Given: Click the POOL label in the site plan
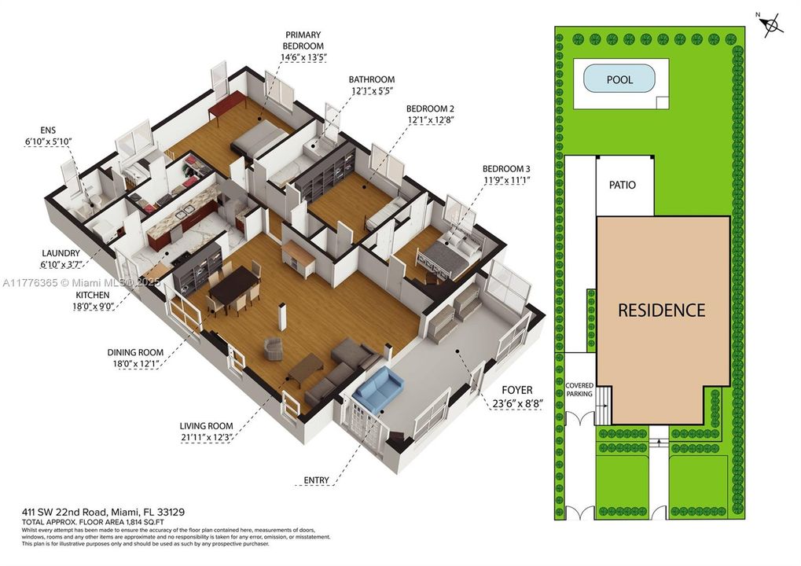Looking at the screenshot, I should [619, 80].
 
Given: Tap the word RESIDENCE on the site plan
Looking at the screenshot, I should [661, 310].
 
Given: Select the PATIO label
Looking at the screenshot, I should [622, 186].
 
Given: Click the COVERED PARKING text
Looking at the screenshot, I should [579, 389].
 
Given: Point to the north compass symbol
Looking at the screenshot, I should [773, 26].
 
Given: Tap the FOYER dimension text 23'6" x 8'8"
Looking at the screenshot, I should [512, 404].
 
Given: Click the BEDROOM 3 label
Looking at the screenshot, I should [506, 169].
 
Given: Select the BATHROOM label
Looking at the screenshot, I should [372, 79].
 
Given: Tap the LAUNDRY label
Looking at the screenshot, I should [61, 253].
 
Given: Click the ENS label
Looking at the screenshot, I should [48, 130].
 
